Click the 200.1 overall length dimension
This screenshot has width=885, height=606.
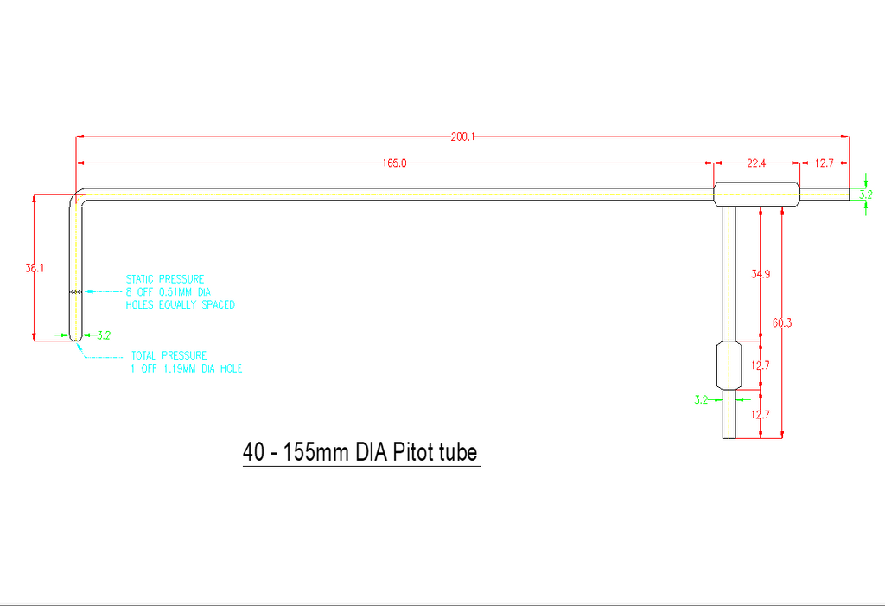463,137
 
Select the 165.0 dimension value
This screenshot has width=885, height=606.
394,163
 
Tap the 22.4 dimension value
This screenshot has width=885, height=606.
756,163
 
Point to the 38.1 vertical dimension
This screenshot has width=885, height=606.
35,268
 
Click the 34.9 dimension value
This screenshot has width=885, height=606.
761,274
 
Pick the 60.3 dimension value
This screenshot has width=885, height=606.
782,323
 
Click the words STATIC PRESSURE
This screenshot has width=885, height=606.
165,279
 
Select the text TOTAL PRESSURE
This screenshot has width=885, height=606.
169,355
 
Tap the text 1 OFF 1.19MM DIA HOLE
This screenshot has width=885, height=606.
187,368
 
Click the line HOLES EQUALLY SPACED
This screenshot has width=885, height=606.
180,304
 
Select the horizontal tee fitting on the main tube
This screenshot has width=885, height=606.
757,195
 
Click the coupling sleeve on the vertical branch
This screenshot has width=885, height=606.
729,366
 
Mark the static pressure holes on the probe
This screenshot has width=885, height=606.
76,292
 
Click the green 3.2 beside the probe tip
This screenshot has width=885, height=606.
104,335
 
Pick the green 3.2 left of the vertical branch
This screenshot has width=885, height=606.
701,400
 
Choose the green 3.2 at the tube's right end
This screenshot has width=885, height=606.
866,195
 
